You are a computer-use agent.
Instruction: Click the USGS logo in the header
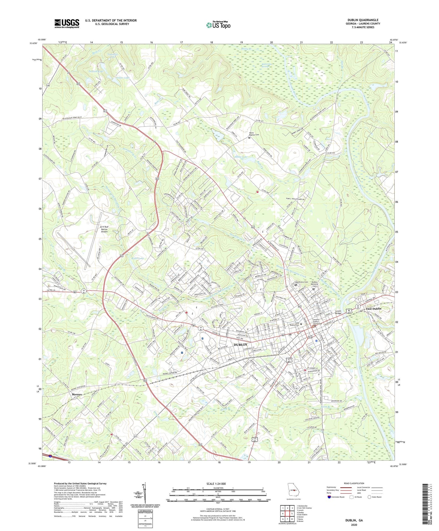(67, 23)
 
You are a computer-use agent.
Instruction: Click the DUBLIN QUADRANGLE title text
(363, 20)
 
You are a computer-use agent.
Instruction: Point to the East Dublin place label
(373, 308)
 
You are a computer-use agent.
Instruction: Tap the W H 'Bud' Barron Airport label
(100, 229)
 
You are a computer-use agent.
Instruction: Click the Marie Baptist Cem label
(254, 134)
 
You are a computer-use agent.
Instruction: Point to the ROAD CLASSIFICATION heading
(354, 483)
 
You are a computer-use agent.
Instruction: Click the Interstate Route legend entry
(336, 497)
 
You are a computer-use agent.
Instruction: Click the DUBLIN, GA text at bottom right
(354, 520)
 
